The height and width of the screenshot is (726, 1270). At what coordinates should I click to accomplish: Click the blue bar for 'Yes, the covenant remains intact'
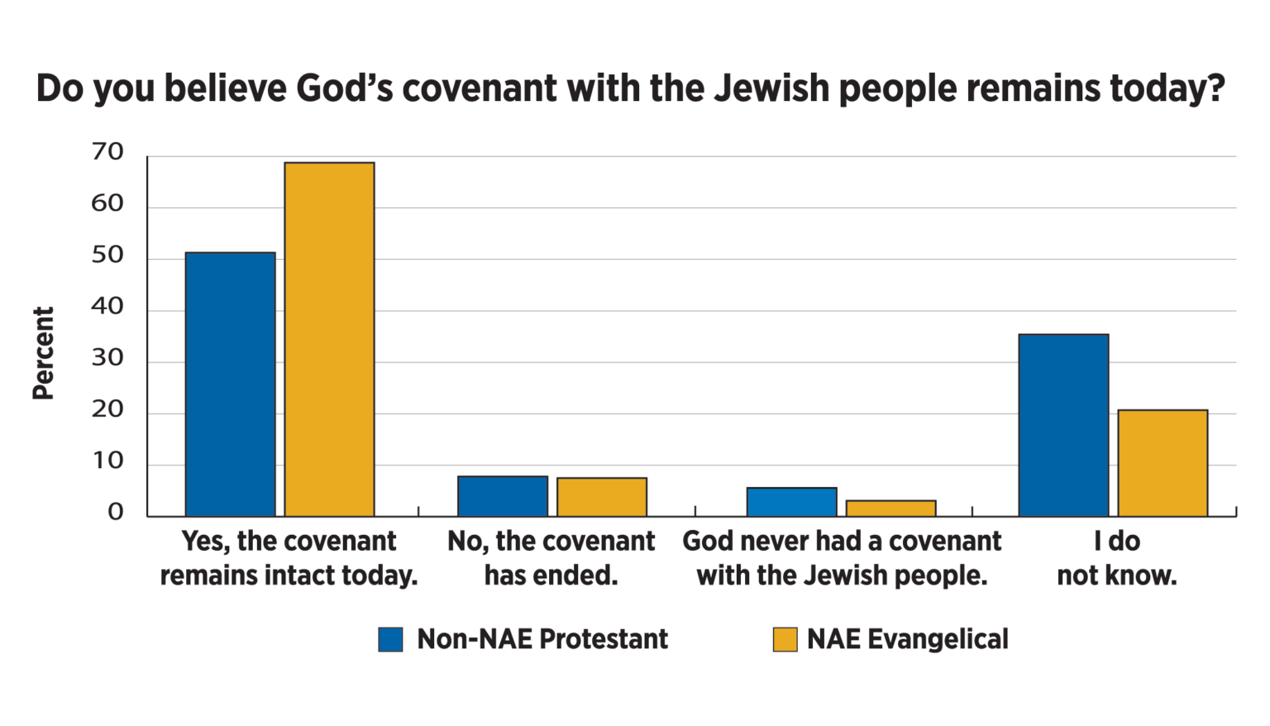point(230,384)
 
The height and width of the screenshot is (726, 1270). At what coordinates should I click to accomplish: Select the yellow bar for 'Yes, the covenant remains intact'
point(329,339)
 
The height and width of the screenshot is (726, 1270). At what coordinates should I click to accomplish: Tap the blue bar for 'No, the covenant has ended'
point(503,496)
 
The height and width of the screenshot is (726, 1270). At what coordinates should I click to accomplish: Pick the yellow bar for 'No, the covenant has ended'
point(602,497)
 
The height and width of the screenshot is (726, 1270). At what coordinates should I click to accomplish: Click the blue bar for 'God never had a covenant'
point(792,502)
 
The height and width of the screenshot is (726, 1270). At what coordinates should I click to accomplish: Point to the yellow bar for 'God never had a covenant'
point(891,509)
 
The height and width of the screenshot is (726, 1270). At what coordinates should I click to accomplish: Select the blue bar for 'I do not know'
point(1063,425)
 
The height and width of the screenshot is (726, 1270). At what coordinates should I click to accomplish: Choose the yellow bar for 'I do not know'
point(1163,463)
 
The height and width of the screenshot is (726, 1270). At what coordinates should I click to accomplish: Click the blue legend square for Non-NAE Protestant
point(390,639)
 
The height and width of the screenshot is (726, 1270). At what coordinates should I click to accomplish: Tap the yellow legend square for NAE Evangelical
point(785,639)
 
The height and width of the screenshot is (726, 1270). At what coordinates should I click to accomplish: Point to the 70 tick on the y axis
point(107,153)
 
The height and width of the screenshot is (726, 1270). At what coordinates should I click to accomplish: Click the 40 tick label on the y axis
point(107,308)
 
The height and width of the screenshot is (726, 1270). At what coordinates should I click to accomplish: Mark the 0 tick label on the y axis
point(115,513)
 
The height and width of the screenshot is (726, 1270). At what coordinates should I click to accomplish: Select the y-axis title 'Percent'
point(43,353)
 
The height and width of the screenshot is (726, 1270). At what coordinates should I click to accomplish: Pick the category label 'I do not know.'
point(1116,558)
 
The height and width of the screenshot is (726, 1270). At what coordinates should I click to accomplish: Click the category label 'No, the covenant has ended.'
point(551,558)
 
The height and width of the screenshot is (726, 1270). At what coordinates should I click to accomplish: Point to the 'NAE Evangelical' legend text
point(907,639)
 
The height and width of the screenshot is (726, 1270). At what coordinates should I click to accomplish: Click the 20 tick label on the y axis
point(107,410)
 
